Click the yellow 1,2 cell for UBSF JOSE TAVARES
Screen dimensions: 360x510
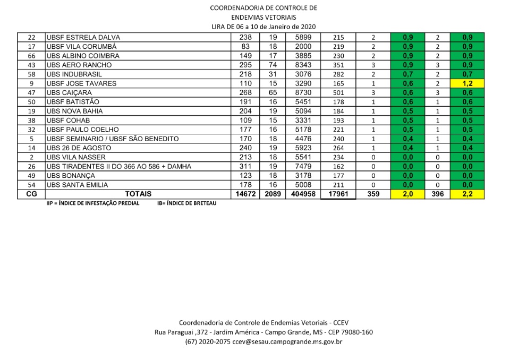[x=467, y=83]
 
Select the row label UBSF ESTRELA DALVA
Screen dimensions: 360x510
[x=83, y=38]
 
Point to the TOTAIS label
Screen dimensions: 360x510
[x=138, y=194]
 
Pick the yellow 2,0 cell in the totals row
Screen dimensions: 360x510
[x=408, y=194]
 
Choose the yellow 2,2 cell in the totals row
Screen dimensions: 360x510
[x=467, y=194]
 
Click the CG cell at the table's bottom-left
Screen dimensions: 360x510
[x=31, y=194]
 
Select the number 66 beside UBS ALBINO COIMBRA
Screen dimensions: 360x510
[x=31, y=56]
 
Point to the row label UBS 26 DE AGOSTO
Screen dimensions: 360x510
[x=79, y=148]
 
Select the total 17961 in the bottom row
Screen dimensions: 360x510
[x=338, y=194]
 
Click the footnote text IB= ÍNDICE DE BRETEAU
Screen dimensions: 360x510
[x=186, y=203]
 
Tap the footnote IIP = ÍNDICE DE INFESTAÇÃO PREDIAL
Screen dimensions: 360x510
[x=93, y=203]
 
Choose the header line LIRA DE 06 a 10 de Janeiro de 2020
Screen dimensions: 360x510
[x=263, y=27]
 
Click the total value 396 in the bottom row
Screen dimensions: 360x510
[x=438, y=194]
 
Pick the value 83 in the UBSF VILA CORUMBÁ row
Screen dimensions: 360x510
[x=245, y=47]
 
